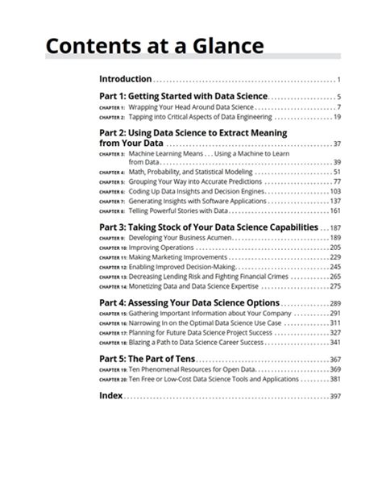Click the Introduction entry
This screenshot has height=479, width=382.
click(125, 79)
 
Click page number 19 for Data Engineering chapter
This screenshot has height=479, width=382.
click(337, 117)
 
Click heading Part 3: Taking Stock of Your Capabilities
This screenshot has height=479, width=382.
click(207, 228)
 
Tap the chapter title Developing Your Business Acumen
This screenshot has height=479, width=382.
click(180, 239)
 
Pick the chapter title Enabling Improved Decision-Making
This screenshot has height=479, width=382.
click(189, 267)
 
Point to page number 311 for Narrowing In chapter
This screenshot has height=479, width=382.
click(335, 323)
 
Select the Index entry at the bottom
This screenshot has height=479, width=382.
click(110, 396)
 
